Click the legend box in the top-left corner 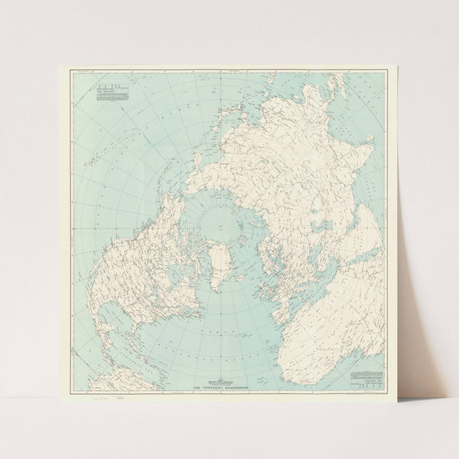click(109, 96)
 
